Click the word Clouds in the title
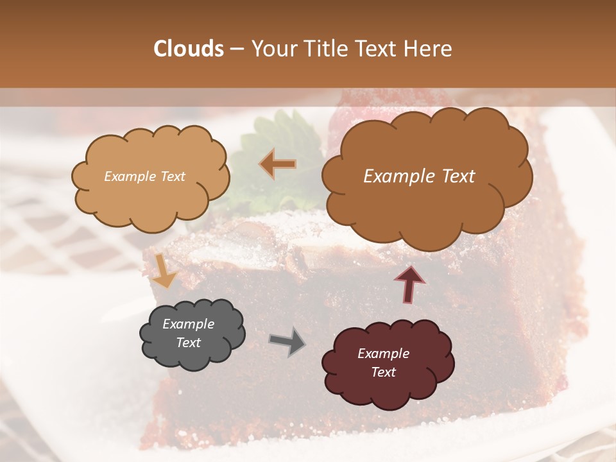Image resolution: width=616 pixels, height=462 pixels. click(x=189, y=49)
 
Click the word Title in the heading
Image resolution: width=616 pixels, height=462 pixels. click(x=325, y=49)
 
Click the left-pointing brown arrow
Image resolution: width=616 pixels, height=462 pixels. click(x=277, y=164)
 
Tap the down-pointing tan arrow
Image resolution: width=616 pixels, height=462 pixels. click(x=165, y=270)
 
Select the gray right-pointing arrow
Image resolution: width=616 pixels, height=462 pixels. click(x=287, y=341)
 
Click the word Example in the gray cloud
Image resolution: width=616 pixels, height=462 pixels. click(x=188, y=324)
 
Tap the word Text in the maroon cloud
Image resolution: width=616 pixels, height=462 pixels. click(x=383, y=372)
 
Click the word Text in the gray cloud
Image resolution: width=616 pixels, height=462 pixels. click(x=188, y=343)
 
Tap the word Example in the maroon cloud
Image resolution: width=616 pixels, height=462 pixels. click(x=383, y=354)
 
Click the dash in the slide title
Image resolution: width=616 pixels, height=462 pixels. click(x=237, y=49)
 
